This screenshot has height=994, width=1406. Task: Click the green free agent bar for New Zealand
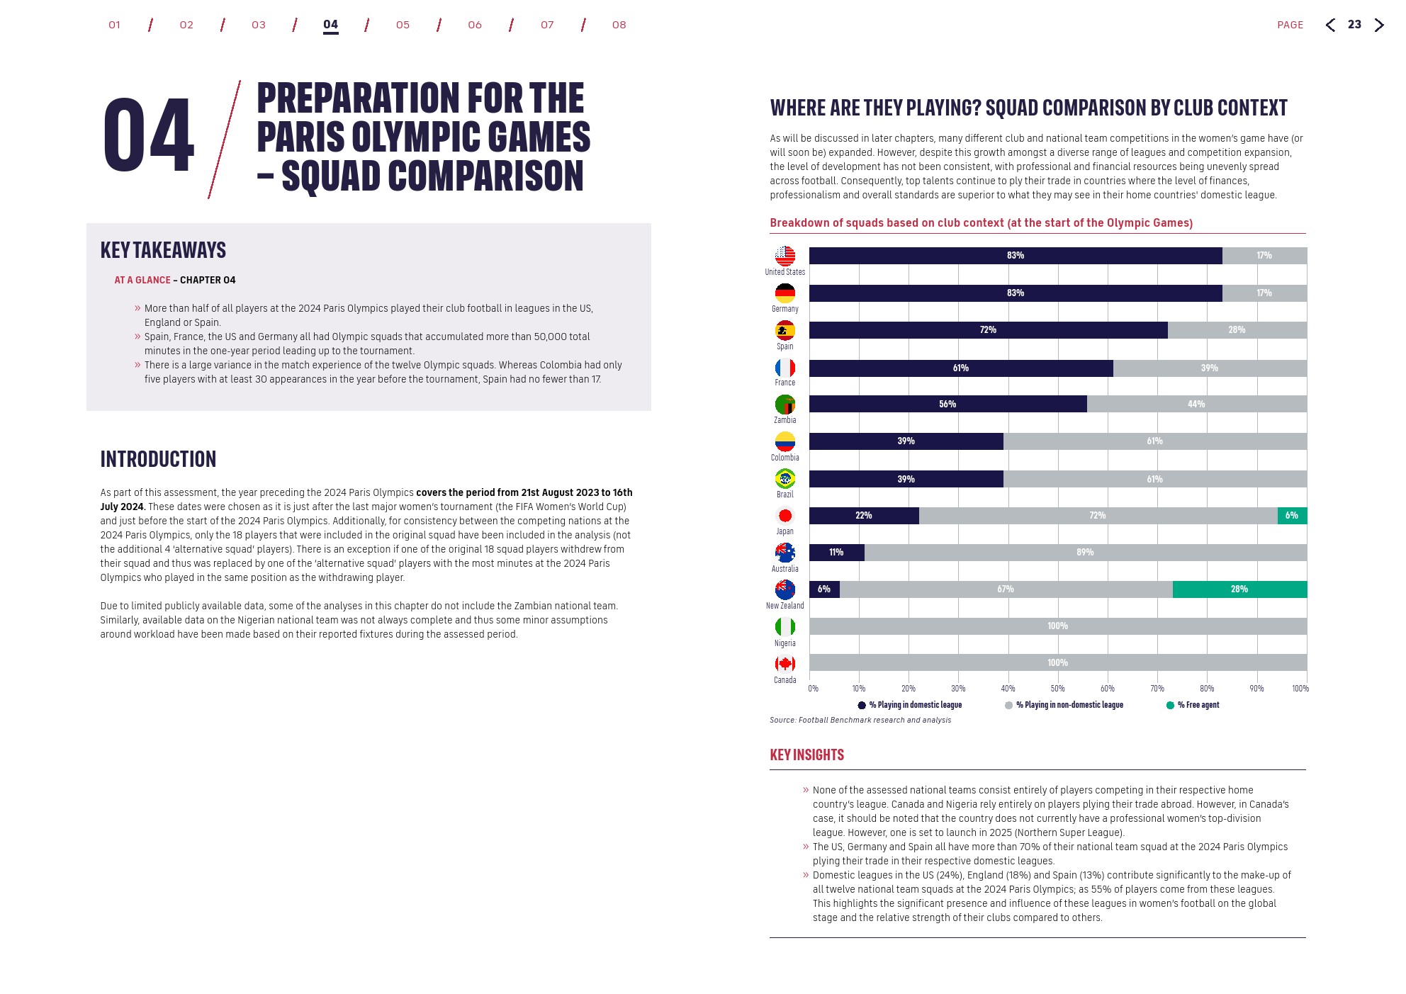(x=1239, y=589)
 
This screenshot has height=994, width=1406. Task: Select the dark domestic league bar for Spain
(x=988, y=330)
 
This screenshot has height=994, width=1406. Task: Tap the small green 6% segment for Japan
(x=1292, y=516)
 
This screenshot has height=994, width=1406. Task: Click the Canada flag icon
(x=784, y=664)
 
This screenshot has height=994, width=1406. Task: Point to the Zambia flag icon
(x=784, y=405)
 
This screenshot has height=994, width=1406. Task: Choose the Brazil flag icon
(x=784, y=479)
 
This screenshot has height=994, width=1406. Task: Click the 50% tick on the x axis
(x=1057, y=689)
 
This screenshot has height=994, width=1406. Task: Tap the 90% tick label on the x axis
(x=1256, y=689)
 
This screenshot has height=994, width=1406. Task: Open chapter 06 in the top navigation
(x=475, y=25)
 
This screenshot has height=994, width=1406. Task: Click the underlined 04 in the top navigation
(x=330, y=25)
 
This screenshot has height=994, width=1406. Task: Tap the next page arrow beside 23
(x=1379, y=26)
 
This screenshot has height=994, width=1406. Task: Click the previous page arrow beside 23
(x=1330, y=26)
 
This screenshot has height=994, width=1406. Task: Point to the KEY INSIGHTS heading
(x=806, y=755)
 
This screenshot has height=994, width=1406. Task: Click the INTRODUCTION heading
(x=158, y=459)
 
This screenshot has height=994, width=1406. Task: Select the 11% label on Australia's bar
(x=836, y=553)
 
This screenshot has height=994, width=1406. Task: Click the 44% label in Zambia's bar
(x=1196, y=405)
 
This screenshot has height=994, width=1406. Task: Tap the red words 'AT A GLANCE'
(x=142, y=281)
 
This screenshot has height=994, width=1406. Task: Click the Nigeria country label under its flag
(x=784, y=643)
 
